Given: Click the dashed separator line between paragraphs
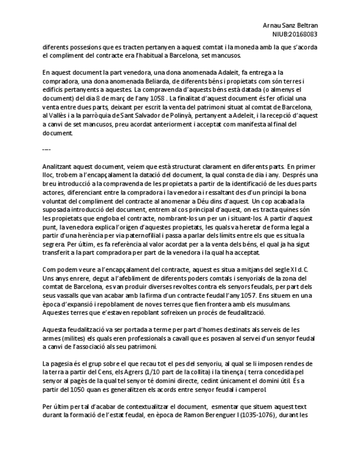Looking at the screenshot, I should [46, 149].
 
